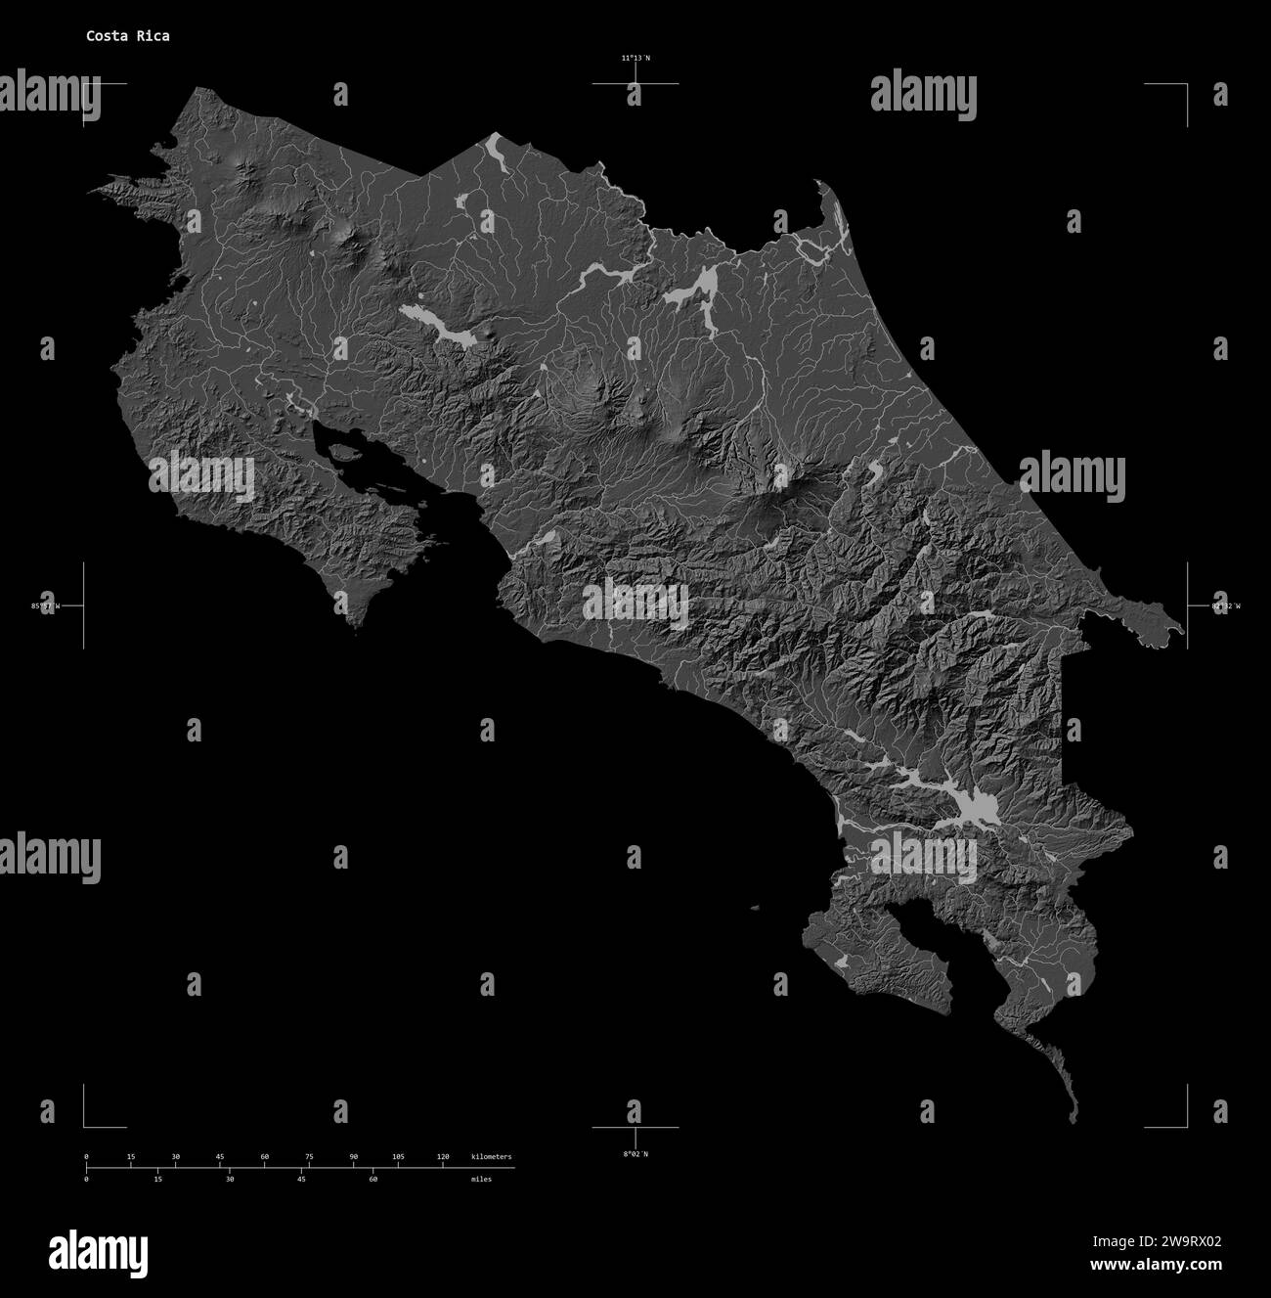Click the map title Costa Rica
pyautogui.click(x=127, y=36)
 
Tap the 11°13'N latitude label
pyautogui.click(x=635, y=59)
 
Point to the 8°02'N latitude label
pyautogui.click(x=635, y=1154)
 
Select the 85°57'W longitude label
pyautogui.click(x=45, y=606)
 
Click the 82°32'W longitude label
pyautogui.click(x=1225, y=606)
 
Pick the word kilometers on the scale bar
pyautogui.click(x=491, y=1157)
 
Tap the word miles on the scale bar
pyautogui.click(x=481, y=1180)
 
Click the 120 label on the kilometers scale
pyautogui.click(x=443, y=1157)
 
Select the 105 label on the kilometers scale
pyautogui.click(x=398, y=1157)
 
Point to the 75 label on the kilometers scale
pyautogui.click(x=309, y=1157)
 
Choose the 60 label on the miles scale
pyautogui.click(x=373, y=1180)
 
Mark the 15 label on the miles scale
pyautogui.click(x=158, y=1180)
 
